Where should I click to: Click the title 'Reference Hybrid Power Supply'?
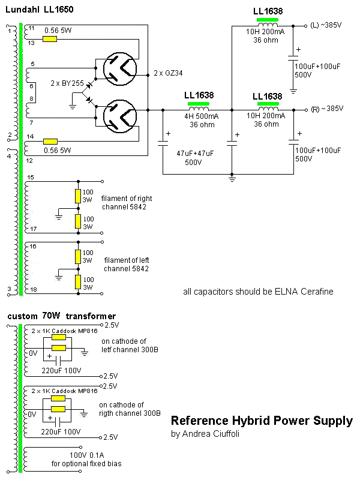point(262,421)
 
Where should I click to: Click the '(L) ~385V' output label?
point(326,25)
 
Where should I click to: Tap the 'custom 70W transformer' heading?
point(61,316)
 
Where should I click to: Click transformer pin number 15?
point(31,177)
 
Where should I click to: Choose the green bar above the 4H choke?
point(198,103)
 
